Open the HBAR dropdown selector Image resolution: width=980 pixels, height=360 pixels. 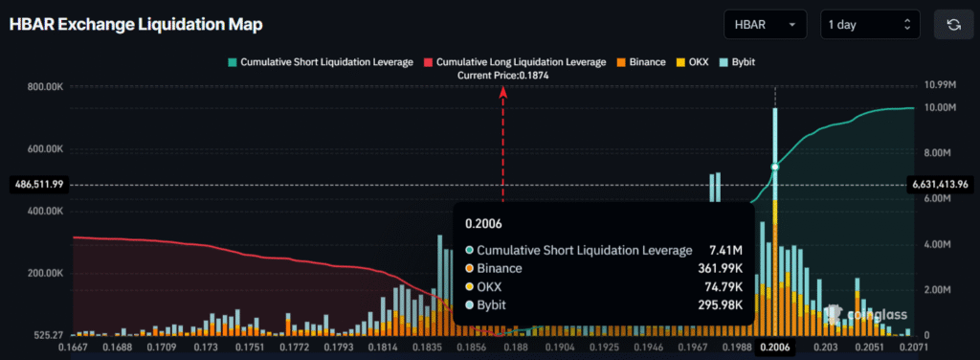point(765,24)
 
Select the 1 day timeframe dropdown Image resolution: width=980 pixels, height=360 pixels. point(870,24)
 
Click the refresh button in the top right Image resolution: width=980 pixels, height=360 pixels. point(953,24)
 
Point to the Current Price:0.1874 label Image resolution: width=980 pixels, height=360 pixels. point(502,75)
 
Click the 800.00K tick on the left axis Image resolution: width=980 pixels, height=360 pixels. point(44,87)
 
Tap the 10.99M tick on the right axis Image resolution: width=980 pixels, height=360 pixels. point(932,86)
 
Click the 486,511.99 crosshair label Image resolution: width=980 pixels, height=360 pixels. point(36,184)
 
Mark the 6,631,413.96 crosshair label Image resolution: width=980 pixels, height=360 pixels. point(943,184)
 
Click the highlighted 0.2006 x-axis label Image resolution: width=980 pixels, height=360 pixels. point(774,348)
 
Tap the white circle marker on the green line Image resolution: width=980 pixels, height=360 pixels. point(775,168)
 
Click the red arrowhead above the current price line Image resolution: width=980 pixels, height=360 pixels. point(503,91)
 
